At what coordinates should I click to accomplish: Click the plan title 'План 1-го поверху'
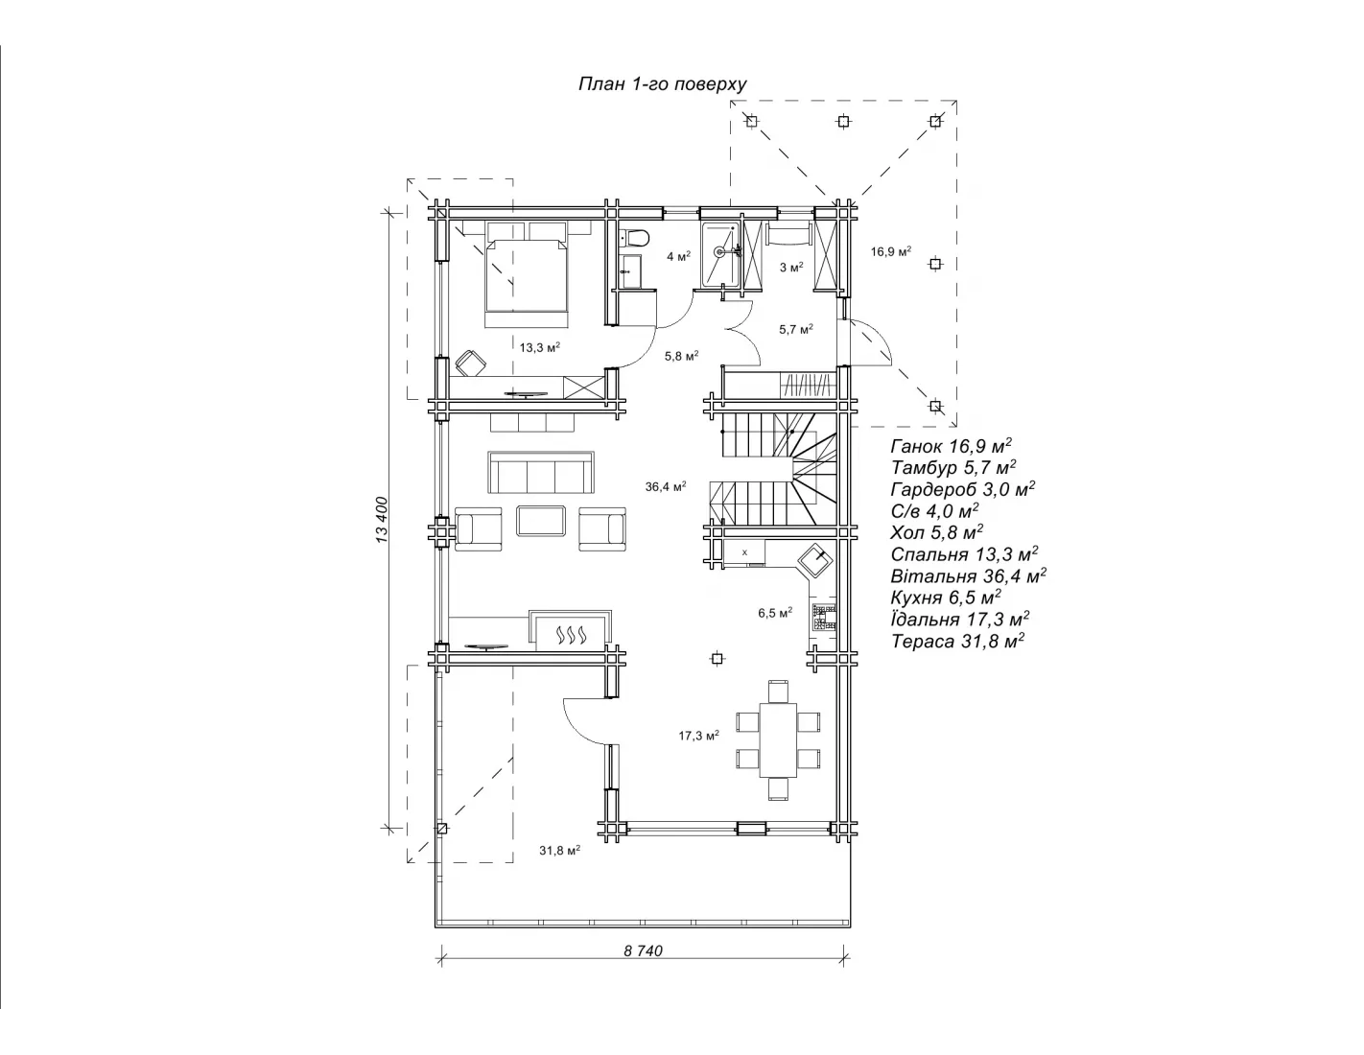pyautogui.click(x=662, y=84)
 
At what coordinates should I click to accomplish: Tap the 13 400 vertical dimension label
pyautogui.click(x=383, y=520)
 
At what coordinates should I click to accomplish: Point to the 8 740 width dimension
pyautogui.click(x=643, y=950)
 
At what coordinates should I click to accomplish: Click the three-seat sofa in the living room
pyautogui.click(x=540, y=473)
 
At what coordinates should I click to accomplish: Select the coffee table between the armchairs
pyautogui.click(x=541, y=521)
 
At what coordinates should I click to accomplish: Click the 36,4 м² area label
pyautogui.click(x=666, y=486)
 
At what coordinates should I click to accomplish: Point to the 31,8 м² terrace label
pyautogui.click(x=559, y=851)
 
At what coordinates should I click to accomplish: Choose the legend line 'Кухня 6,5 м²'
pyautogui.click(x=946, y=597)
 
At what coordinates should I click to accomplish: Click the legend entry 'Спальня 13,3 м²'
pyautogui.click(x=964, y=554)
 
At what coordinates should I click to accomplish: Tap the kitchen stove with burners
pyautogui.click(x=824, y=617)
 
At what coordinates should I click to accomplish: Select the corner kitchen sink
pyautogui.click(x=815, y=560)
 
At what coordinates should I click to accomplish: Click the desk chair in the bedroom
pyautogui.click(x=470, y=363)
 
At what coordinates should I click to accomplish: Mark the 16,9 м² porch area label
pyautogui.click(x=891, y=251)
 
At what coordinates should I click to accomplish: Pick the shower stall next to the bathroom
pyautogui.click(x=721, y=255)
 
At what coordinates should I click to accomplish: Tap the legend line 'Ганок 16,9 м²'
pyautogui.click(x=951, y=446)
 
